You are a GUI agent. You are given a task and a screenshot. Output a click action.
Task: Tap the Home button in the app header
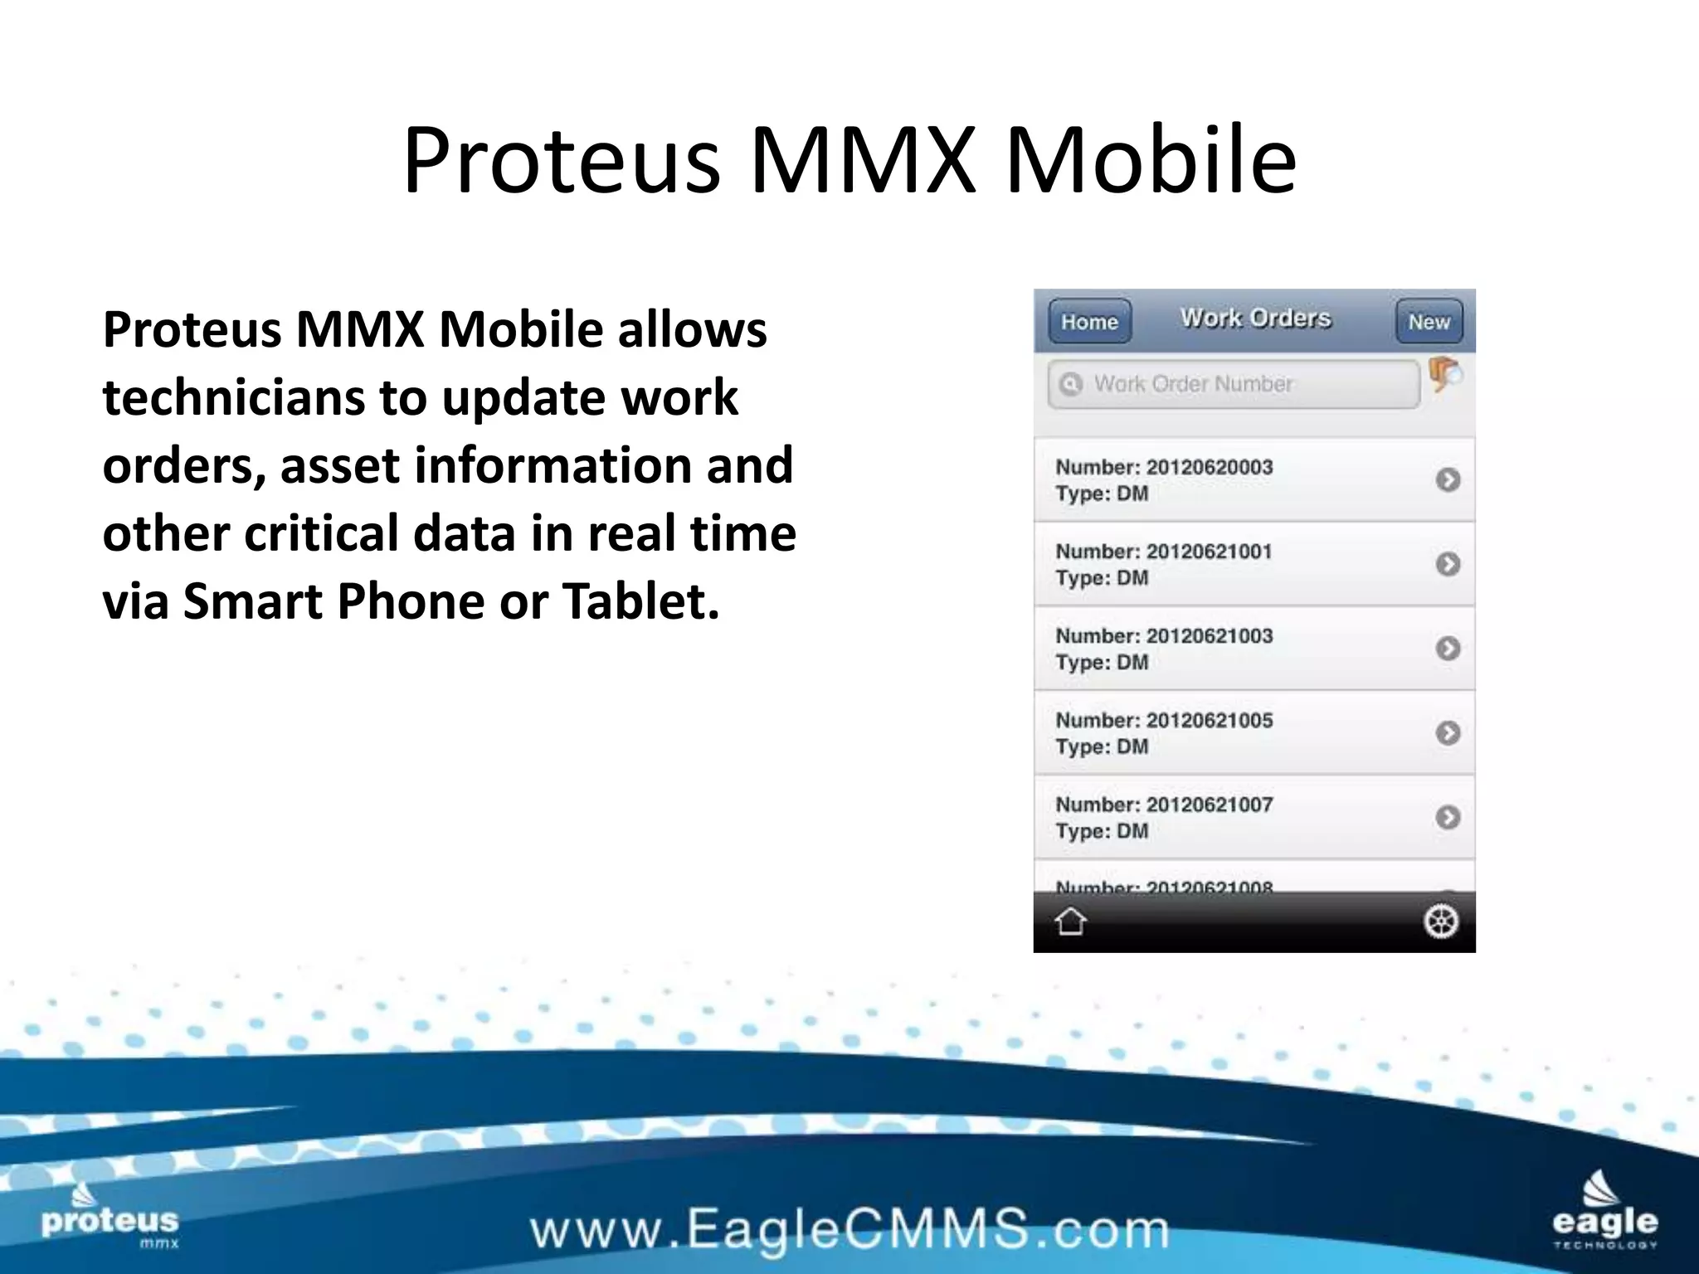[1089, 322]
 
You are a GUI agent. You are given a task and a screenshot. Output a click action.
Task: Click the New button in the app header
[1429, 322]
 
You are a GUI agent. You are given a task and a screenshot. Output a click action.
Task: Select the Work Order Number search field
[1233, 384]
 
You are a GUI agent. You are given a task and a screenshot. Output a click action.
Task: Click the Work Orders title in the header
[1255, 318]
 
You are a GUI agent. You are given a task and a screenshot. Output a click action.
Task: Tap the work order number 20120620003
[1209, 468]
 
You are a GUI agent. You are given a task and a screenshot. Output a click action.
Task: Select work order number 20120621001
[1209, 552]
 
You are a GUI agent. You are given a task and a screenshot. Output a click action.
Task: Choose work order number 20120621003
[1209, 636]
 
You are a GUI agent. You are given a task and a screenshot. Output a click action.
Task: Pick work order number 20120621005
[1209, 721]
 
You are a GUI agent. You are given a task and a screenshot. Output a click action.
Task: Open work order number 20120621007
[1209, 805]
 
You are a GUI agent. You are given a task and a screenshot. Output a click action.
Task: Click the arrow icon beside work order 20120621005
[1448, 733]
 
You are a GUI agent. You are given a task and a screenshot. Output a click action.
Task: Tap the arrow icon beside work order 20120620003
[1448, 480]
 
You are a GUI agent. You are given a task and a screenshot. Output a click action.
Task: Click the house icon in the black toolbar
[1070, 921]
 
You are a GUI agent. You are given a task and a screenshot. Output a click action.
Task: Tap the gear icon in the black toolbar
[1440, 921]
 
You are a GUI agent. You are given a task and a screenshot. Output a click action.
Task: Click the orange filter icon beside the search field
[1444, 374]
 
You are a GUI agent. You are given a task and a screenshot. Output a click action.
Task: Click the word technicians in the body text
[233, 397]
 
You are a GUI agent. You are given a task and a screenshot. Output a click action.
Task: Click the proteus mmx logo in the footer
[110, 1218]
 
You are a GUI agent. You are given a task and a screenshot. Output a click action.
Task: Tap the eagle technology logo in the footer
[1604, 1212]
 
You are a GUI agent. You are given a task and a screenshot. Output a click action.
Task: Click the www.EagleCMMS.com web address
[849, 1229]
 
